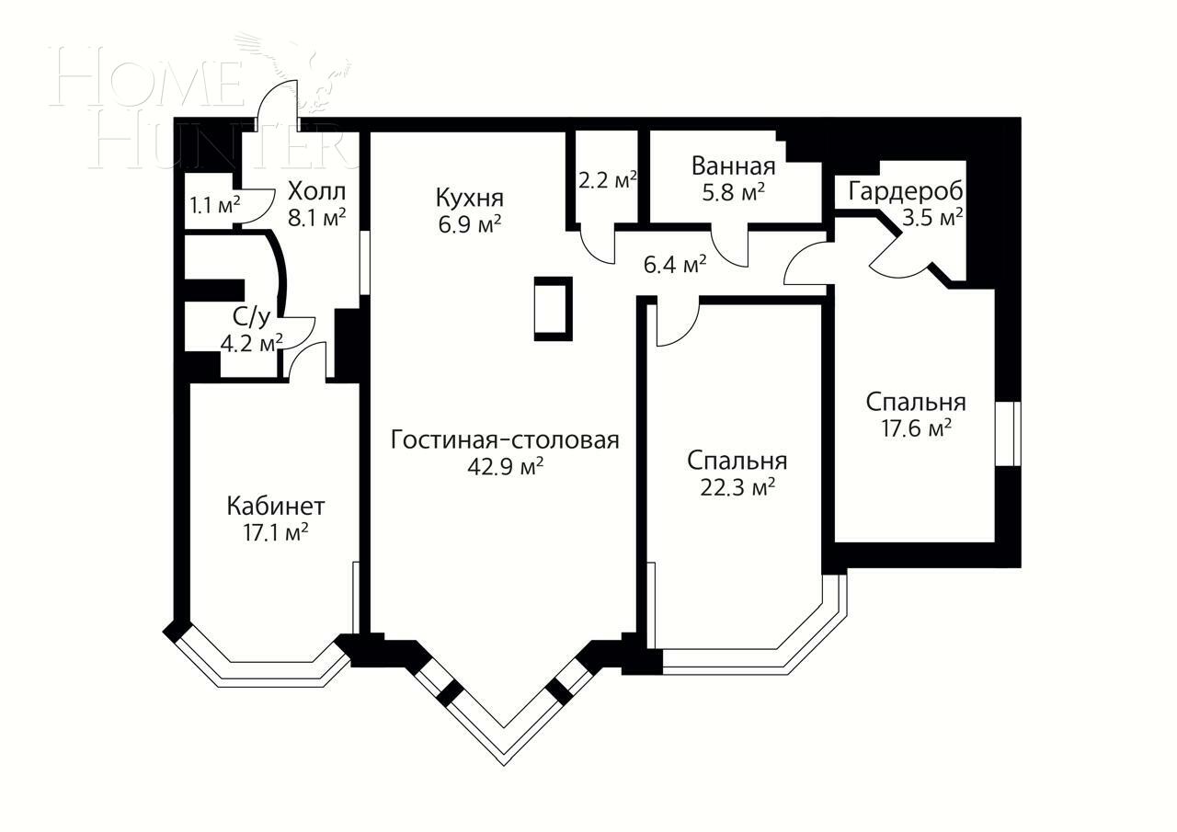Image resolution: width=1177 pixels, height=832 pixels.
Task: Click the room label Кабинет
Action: [x=275, y=506]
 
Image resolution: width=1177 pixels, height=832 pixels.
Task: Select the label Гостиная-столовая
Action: [x=505, y=439]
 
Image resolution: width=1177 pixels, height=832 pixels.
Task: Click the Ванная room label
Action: [x=733, y=166]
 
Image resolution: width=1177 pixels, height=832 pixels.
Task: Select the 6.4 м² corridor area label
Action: [x=674, y=265]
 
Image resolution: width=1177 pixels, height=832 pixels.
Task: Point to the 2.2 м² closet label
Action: [x=608, y=180]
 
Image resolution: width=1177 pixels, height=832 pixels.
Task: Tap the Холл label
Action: [x=316, y=192]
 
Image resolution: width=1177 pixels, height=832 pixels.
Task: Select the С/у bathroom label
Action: [x=251, y=318]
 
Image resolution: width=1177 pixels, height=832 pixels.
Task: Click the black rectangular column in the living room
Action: [x=553, y=309]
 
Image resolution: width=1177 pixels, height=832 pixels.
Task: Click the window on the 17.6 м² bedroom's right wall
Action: [x=1009, y=433]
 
